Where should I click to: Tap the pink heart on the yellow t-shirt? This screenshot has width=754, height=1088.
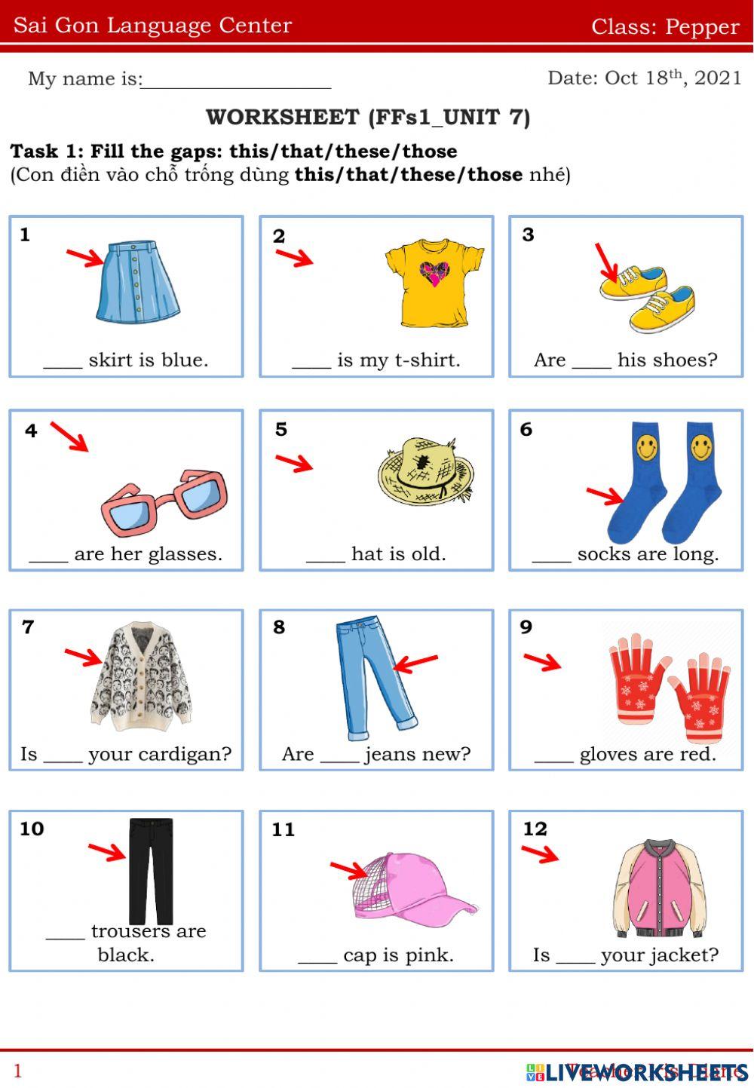pyautogui.click(x=434, y=273)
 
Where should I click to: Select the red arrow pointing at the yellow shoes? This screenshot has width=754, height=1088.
pyautogui.click(x=607, y=261)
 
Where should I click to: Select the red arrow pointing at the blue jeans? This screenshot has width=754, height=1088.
pyautogui.click(x=415, y=664)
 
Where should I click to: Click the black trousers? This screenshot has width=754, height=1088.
pyautogui.click(x=151, y=867)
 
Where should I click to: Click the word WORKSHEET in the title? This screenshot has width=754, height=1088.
pyautogui.click(x=282, y=118)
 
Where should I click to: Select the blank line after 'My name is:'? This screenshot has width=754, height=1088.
pyautogui.click(x=236, y=80)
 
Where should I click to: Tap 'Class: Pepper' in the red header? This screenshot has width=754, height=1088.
pyautogui.click(x=665, y=26)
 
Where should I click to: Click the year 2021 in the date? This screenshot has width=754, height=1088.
pyautogui.click(x=718, y=78)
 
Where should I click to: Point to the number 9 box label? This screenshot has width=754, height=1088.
pyautogui.click(x=526, y=627)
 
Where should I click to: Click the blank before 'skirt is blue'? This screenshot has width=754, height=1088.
pyautogui.click(x=63, y=360)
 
